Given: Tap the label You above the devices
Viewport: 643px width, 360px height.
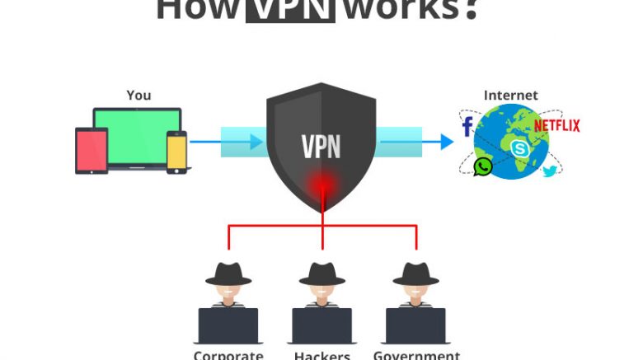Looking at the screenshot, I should [x=138, y=96].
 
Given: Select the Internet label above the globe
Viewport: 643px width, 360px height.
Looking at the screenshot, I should [x=510, y=96].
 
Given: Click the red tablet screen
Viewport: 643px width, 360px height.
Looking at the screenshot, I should [x=92, y=151].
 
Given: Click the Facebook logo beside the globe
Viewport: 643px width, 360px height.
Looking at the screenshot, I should [x=467, y=126].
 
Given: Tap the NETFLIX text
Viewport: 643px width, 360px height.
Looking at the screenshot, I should [x=556, y=126].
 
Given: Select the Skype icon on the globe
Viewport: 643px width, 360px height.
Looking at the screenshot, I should [x=519, y=148].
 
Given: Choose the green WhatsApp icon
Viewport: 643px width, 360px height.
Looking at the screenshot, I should [x=483, y=166].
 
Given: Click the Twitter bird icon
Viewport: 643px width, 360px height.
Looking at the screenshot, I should [x=550, y=171].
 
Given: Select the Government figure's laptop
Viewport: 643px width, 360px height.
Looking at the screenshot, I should [x=415, y=325].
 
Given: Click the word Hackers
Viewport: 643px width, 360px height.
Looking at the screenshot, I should [x=322, y=355].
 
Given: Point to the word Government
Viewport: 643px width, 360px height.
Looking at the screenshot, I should [x=416, y=355].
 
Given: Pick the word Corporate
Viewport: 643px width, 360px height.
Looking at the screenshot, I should [x=228, y=355].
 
